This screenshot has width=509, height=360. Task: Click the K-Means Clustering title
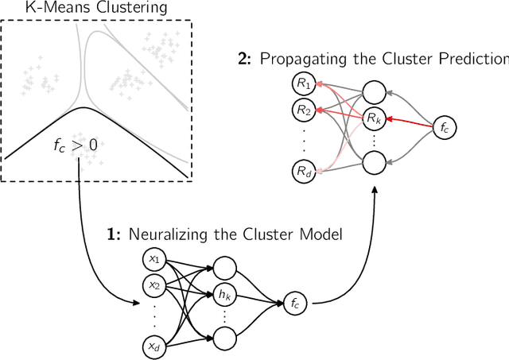(95, 9)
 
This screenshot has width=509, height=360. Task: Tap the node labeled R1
(303, 82)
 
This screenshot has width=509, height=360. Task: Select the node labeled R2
(303, 110)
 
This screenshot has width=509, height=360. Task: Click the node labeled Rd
(303, 170)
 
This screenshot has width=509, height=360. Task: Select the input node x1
(154, 260)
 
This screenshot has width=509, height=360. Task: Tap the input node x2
(154, 285)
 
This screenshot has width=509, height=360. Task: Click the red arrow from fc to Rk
(407, 122)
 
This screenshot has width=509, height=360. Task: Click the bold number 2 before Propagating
(243, 58)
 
